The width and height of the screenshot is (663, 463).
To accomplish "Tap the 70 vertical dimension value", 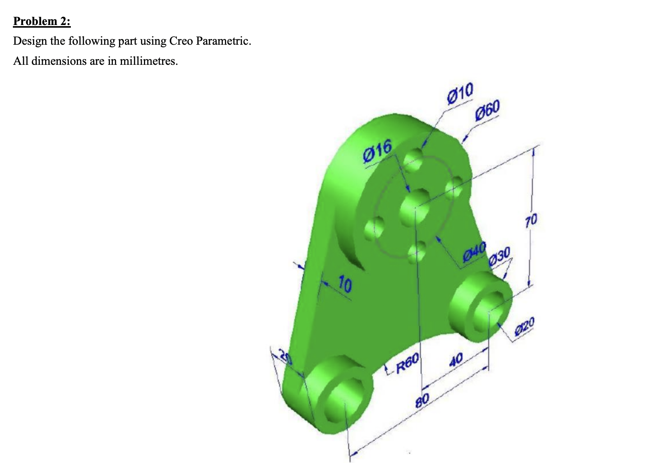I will pos(531,219).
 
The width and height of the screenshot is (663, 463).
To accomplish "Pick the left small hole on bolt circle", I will pos(374,228).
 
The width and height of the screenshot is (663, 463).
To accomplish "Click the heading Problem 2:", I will pos(42,21).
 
